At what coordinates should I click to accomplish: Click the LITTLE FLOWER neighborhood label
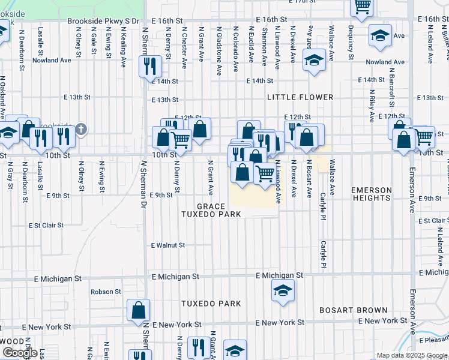(x=300, y=97)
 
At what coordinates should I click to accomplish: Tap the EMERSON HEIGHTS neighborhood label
(x=372, y=194)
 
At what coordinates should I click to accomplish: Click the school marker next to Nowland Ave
(x=313, y=61)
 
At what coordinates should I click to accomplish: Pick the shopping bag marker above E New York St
(x=138, y=310)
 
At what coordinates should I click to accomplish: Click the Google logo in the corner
(x=19, y=353)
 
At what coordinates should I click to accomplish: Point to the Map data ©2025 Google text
(x=411, y=355)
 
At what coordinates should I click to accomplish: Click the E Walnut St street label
(x=167, y=245)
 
